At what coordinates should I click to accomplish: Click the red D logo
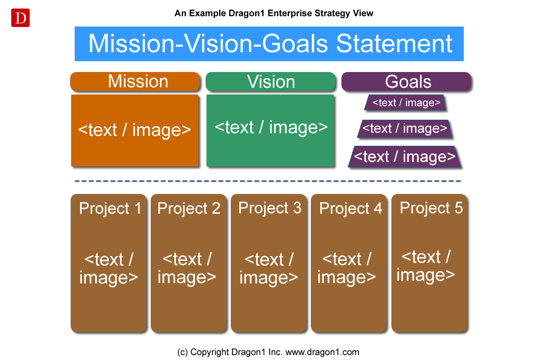coord(20,18)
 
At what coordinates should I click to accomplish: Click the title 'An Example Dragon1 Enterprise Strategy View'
coord(274,13)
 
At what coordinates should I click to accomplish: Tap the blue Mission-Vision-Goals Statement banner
coord(269,44)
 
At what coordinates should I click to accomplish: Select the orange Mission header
coord(135,81)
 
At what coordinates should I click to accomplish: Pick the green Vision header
coord(271,81)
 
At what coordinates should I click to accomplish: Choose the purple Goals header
coord(407,81)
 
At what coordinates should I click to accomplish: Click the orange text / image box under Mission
coord(135,130)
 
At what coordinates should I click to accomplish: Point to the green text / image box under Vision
coord(270,130)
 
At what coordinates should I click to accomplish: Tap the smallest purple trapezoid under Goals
coord(405,103)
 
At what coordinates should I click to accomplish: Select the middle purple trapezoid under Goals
coord(405,129)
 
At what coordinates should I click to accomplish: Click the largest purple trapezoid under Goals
coord(405,157)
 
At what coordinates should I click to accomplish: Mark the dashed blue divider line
coord(268,181)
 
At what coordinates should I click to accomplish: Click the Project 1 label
coord(110,208)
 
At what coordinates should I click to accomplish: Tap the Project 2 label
coord(189,208)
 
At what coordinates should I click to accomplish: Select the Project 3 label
coord(269,208)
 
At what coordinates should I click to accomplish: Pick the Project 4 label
coord(350,208)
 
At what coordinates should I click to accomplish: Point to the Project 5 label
coord(431,208)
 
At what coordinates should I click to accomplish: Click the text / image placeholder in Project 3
coord(269,268)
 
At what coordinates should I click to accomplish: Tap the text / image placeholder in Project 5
coord(426,265)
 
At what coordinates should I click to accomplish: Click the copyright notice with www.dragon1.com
coord(268,352)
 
